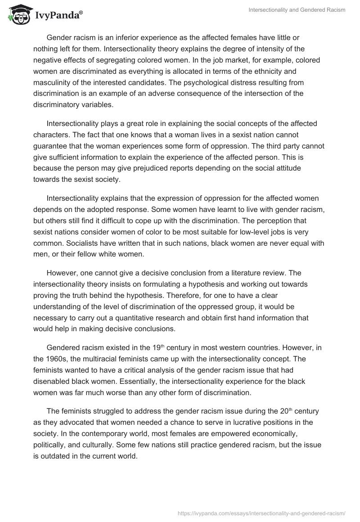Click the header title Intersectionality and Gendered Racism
297,10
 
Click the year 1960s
55,360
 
